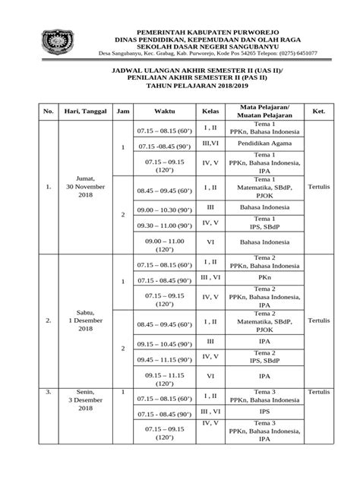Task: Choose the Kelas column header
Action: pos(211,111)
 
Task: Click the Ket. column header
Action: pos(318,111)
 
